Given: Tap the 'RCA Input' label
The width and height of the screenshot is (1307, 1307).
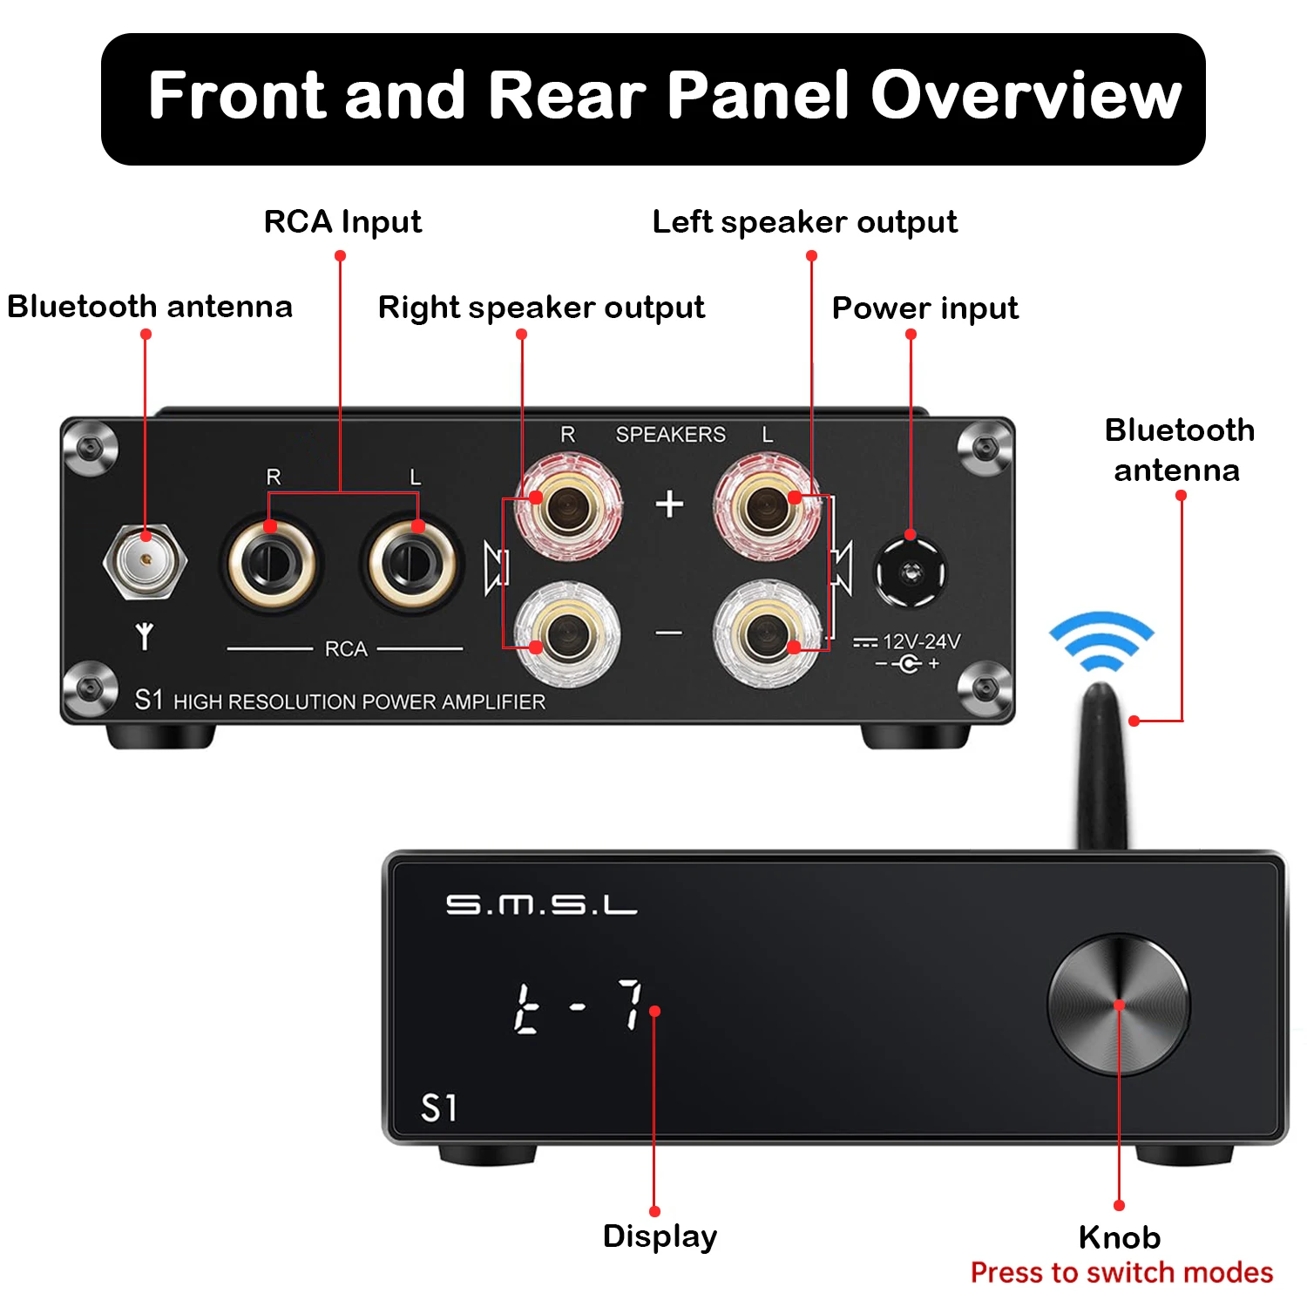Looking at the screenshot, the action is [342, 222].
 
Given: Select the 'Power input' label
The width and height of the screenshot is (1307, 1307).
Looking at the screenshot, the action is [925, 308].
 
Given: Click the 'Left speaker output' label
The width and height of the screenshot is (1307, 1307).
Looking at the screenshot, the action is [805, 222].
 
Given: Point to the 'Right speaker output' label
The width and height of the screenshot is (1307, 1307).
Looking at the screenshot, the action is [541, 308].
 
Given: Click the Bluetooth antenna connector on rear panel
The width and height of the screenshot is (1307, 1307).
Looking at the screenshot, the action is [145, 560].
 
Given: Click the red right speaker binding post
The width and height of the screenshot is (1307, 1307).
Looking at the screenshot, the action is [568, 507].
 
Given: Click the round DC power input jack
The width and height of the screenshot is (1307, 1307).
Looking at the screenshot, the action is [911, 572].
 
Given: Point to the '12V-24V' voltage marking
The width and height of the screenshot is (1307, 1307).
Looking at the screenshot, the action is [922, 642].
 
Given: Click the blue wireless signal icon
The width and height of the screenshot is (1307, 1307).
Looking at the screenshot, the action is [1101, 641].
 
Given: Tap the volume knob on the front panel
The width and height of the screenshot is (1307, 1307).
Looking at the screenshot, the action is [1119, 1006].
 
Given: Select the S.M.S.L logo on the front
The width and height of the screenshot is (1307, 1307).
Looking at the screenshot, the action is [541, 905].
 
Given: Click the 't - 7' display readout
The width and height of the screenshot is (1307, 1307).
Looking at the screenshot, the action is [578, 1007].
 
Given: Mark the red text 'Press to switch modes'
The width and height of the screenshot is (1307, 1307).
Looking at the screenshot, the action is [1122, 1273].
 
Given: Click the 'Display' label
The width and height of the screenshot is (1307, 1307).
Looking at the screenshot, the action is [660, 1237].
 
